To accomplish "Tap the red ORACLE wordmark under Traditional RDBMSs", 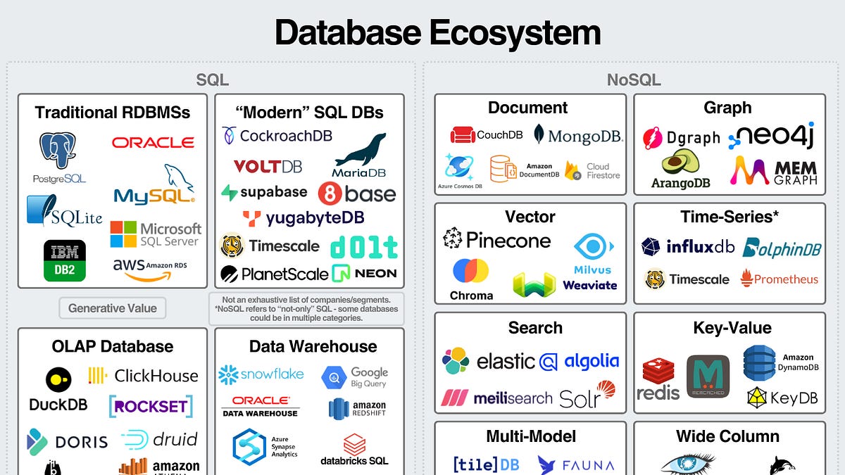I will tap(153, 143).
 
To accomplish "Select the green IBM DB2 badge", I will tap(65, 260).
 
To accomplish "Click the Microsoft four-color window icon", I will tap(123, 234).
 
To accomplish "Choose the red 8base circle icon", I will tap(330, 194).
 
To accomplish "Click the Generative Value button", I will tap(113, 308).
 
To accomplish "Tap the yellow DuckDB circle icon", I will tap(58, 380).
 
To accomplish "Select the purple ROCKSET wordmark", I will tap(151, 406).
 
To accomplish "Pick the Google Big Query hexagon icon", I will tap(334, 378).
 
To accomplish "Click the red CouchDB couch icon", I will tap(463, 135).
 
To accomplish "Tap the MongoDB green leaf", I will tap(539, 134).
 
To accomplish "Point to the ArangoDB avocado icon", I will tap(680, 164).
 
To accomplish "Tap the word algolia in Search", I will tap(591, 362).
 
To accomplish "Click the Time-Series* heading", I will tap(730, 217).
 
